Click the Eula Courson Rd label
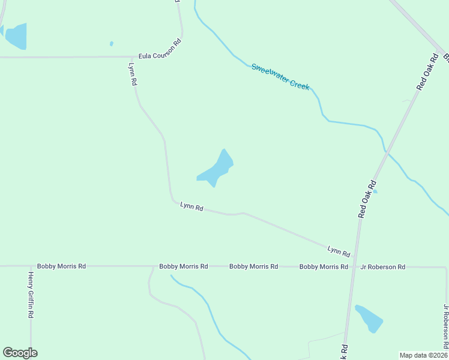[160, 49]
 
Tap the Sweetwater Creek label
[280, 77]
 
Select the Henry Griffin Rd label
[31, 295]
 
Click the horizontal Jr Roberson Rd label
[382, 267]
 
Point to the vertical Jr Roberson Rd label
[445, 326]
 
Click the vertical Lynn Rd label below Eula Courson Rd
[133, 74]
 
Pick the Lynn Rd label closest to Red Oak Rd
[339, 250]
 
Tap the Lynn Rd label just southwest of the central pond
[192, 207]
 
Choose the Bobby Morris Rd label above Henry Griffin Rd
[61, 266]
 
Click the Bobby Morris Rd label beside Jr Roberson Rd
[324, 266]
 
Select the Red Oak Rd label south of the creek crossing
[367, 199]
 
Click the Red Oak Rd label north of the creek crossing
[427, 71]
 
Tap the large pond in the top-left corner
[16, 36]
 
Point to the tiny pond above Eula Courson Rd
[112, 43]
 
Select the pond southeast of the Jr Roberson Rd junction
[369, 318]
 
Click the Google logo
[20, 353]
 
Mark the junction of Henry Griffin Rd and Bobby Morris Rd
[31, 266]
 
